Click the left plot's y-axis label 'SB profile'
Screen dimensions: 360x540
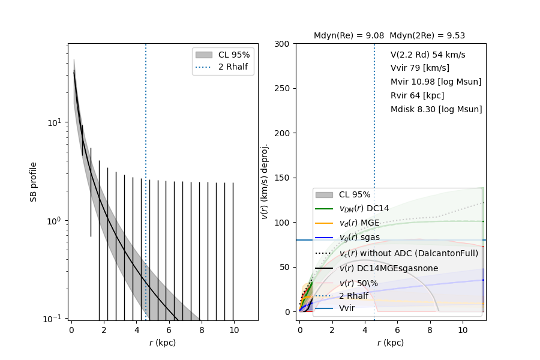pyautogui.click(x=34, y=181)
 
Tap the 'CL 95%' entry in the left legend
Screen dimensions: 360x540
pyautogui.click(x=234, y=54)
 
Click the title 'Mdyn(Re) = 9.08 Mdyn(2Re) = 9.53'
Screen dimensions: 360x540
pyautogui.click(x=389, y=36)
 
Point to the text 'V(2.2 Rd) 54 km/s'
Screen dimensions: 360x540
pyautogui.click(x=428, y=55)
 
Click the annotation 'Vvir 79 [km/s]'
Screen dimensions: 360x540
pyautogui.click(x=419, y=68)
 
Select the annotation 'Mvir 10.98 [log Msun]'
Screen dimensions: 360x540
pyautogui.click(x=436, y=82)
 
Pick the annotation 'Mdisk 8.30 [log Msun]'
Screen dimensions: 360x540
pyautogui.click(x=436, y=109)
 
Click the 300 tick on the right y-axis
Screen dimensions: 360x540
pyautogui.click(x=284, y=44)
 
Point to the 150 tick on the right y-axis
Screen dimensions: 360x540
pyautogui.click(x=284, y=178)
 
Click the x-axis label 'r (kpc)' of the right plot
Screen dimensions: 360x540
pyautogui.click(x=390, y=343)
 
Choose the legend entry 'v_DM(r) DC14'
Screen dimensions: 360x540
pyautogui.click(x=364, y=208)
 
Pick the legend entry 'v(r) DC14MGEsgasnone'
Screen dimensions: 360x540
pyautogui.click(x=388, y=268)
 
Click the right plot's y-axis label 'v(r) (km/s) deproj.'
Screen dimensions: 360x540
pyautogui.click(x=265, y=181)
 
